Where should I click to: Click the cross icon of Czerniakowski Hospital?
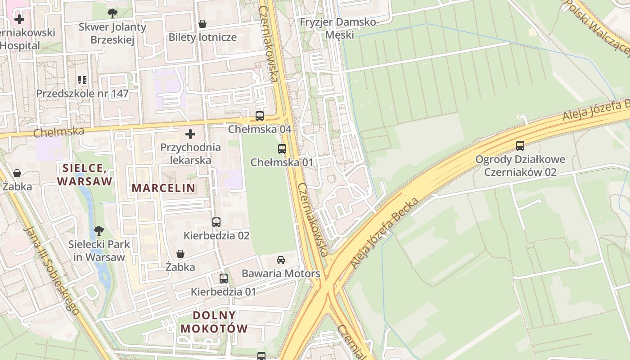point(19,19)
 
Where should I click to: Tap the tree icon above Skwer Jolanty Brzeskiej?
point(112,13)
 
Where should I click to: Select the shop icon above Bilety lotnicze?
point(202,23)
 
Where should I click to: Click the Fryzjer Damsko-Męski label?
point(340,28)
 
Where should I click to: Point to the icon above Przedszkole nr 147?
point(82,80)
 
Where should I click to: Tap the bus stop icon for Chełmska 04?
point(260,116)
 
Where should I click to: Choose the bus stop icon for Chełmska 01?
point(282,148)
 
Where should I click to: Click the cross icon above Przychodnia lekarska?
point(190,134)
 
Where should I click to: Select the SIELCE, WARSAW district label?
point(85,175)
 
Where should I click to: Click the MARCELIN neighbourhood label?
point(163,188)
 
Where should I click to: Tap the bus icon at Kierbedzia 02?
point(216,222)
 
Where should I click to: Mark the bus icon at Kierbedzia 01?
point(224,278)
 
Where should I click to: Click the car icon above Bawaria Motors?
point(281,260)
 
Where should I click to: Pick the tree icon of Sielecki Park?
point(99,231)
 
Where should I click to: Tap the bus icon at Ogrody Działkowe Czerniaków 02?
point(520,145)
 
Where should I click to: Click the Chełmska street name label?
point(58,132)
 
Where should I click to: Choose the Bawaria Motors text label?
point(281,274)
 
